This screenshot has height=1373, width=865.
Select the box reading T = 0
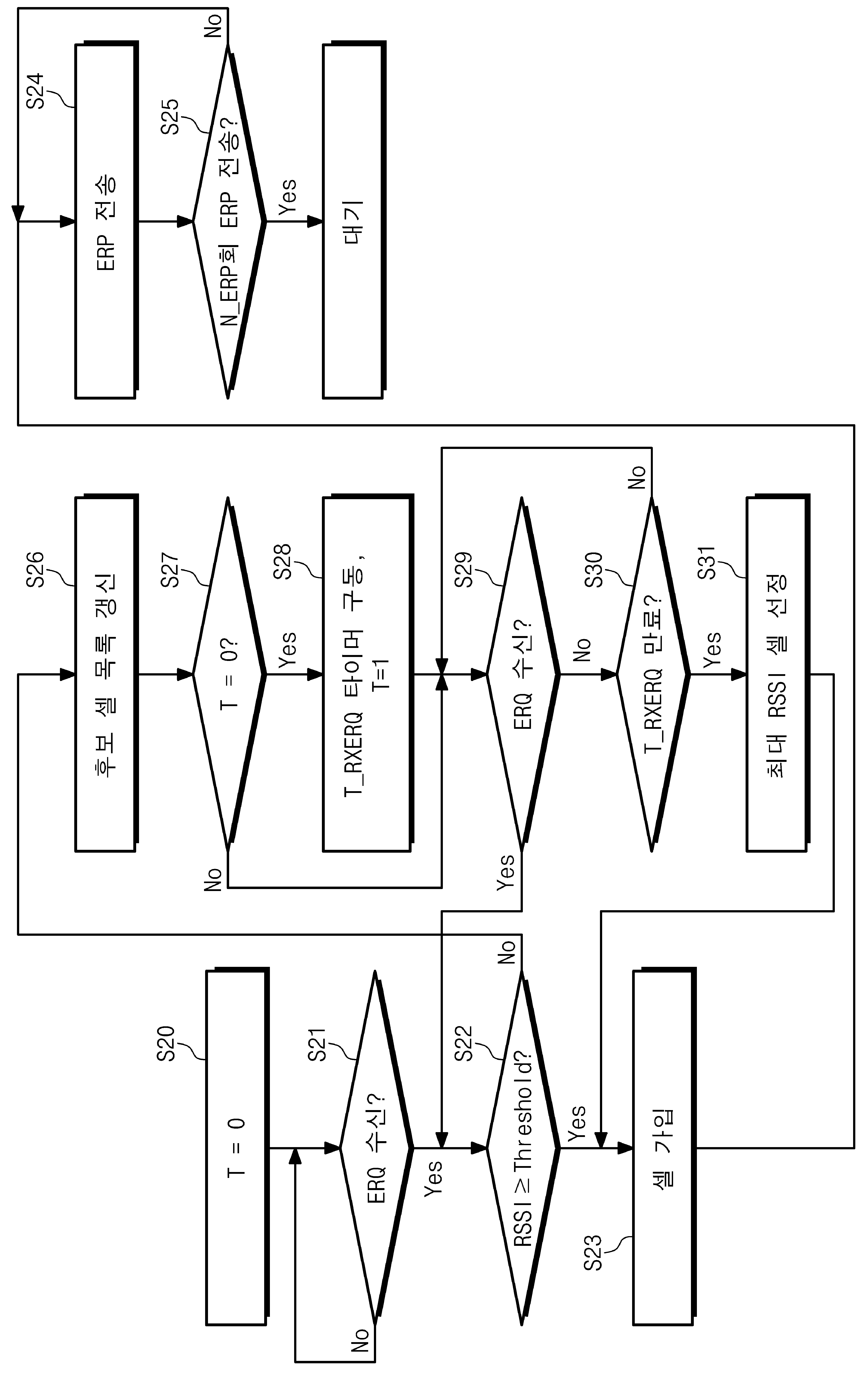[237, 1148]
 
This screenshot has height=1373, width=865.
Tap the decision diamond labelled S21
[376, 1148]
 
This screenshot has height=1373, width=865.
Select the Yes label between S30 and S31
[712, 649]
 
